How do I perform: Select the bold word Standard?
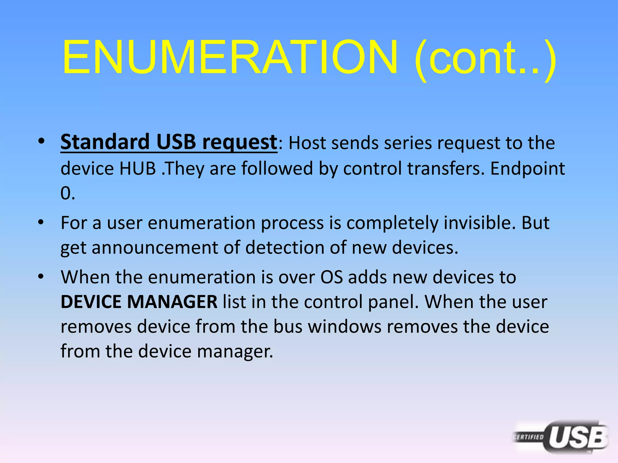pos(105,142)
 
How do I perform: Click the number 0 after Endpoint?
pos(66,193)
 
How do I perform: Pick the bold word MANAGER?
pos(172,302)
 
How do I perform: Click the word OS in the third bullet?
pos(331,277)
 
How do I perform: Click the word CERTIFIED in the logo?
pos(529,437)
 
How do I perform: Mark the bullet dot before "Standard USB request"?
pos(41,141)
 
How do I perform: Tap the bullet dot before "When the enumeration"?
pos(41,277)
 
